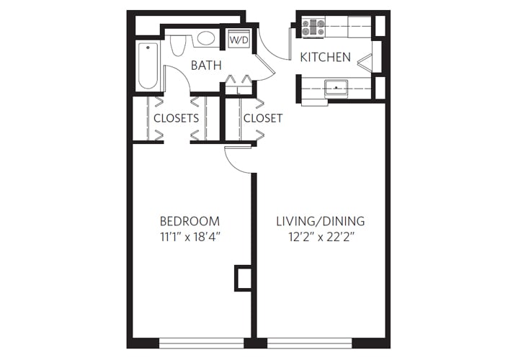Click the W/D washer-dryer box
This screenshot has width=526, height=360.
click(239, 40)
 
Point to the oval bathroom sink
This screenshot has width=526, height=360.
click(206, 38)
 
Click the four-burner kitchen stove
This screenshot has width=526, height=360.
click(314, 27)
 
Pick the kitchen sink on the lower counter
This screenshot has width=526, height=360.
click(336, 88)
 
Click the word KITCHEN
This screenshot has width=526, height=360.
click(326, 57)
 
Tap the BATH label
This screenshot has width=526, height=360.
click(205, 66)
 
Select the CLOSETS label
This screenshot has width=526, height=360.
click(176, 118)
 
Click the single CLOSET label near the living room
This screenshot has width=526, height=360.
click(262, 118)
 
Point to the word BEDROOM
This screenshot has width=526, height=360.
click(190, 221)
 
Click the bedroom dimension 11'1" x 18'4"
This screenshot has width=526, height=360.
click(190, 236)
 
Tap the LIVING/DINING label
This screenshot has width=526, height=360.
click(321, 221)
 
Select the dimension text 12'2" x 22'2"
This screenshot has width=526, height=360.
click(321, 236)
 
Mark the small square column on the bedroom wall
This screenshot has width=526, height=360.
click(243, 278)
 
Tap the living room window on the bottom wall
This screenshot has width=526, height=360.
click(309, 343)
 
